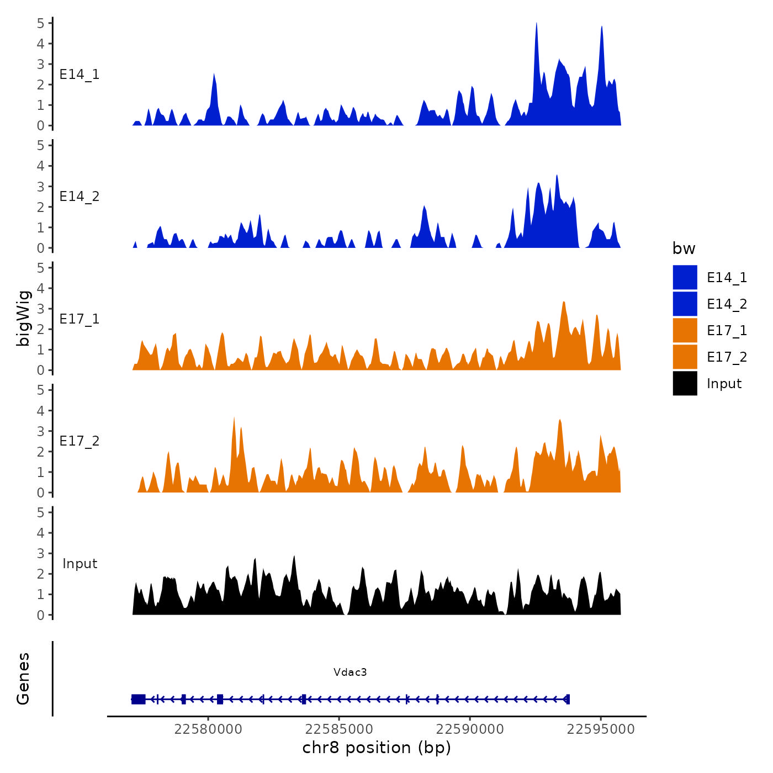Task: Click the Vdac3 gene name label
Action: click(350, 672)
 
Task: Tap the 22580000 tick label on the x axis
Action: click(208, 729)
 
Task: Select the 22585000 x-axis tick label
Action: click(339, 729)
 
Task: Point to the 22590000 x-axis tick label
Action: click(470, 729)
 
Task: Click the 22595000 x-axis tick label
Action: click(601, 729)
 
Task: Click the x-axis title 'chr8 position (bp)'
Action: click(377, 748)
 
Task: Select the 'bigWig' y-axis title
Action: click(23, 318)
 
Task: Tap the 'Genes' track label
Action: click(23, 679)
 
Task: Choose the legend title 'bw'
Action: click(684, 248)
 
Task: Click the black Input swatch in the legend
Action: click(685, 383)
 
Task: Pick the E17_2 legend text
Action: click(727, 357)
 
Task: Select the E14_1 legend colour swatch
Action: click(685, 277)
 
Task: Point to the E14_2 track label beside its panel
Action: click(80, 197)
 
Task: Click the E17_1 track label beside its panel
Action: click(80, 319)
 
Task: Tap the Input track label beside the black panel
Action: click(80, 564)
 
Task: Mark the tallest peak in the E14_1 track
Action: click(536, 24)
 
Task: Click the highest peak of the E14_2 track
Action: click(557, 176)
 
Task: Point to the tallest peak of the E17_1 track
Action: click(564, 303)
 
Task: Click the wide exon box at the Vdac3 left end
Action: click(138, 699)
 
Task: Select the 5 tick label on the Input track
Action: click(40, 512)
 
